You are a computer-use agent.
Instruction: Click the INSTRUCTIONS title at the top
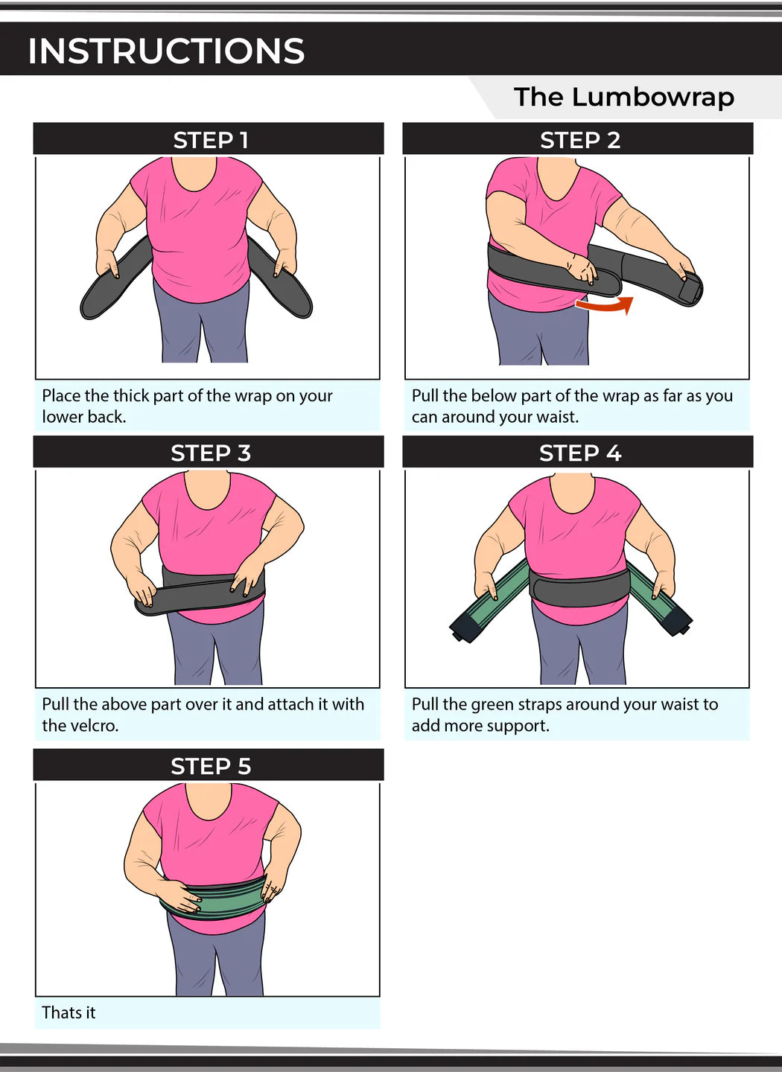[x=166, y=51]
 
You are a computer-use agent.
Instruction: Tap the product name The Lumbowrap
[x=623, y=97]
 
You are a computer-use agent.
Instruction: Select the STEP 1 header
[x=210, y=140]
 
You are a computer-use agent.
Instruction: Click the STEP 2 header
[x=579, y=140]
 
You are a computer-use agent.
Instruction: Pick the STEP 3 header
[x=210, y=453]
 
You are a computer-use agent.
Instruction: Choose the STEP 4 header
[x=579, y=453]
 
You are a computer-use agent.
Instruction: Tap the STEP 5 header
[x=210, y=766]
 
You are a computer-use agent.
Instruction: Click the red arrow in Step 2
[x=606, y=304]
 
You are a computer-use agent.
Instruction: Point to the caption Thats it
[x=69, y=1012]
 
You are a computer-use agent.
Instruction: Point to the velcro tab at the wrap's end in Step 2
[x=690, y=288]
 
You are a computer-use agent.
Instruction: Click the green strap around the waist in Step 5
[x=216, y=900]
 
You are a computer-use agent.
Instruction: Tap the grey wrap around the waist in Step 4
[x=579, y=589]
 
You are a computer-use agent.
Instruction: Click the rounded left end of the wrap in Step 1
[x=94, y=305]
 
